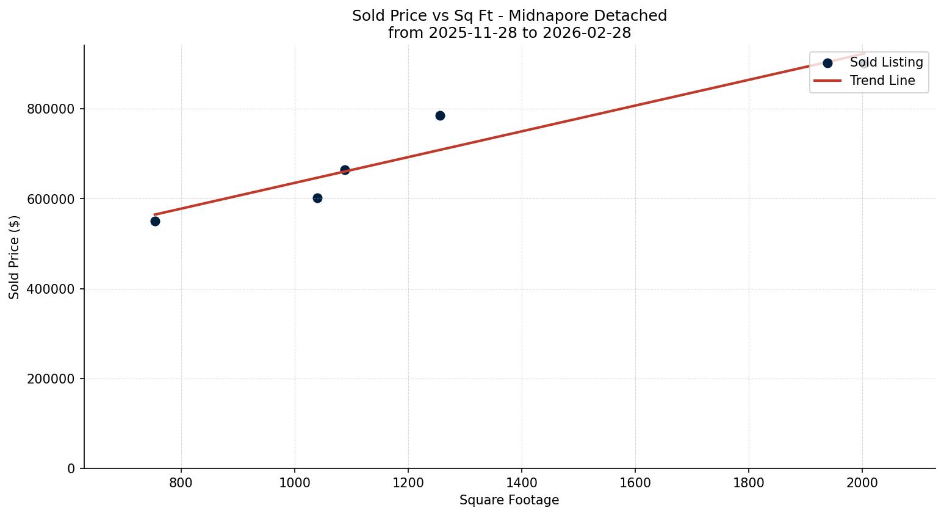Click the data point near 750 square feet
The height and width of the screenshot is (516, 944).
155,221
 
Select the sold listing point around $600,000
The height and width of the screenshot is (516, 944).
317,198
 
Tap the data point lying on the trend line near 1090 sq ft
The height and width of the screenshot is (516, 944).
345,170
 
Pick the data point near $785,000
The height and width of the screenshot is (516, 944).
440,115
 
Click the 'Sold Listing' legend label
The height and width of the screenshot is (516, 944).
886,62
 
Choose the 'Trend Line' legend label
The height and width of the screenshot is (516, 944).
882,81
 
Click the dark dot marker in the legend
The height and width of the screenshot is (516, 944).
827,63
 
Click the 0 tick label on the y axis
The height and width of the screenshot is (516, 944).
71,468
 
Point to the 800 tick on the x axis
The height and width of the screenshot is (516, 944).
181,483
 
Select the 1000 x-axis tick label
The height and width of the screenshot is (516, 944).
295,483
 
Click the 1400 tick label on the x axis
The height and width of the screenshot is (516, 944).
522,483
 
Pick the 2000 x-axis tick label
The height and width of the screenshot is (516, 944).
862,483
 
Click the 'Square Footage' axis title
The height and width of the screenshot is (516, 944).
509,500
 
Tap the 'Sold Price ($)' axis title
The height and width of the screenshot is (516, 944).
14,257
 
